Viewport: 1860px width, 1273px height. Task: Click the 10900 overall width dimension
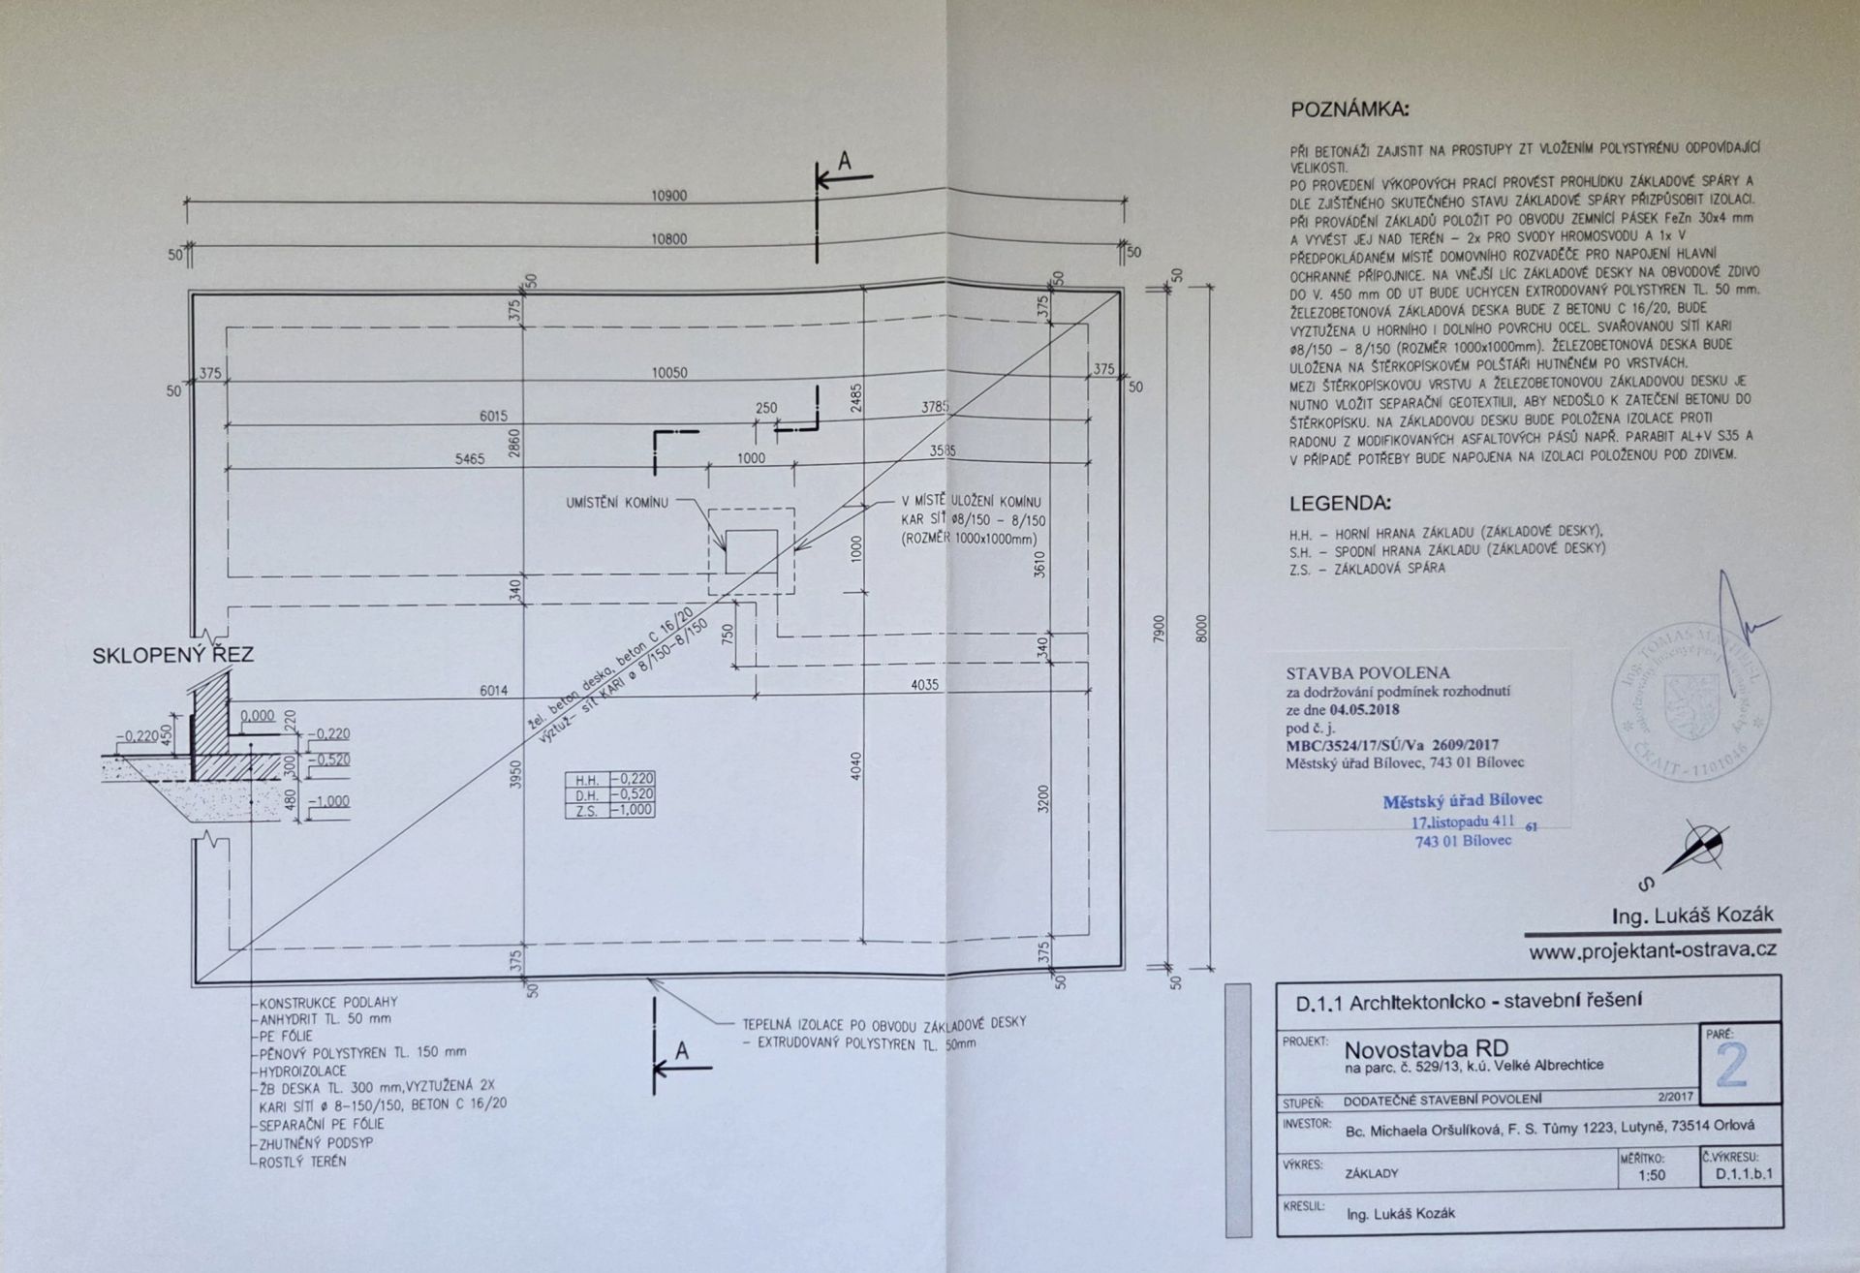tap(668, 196)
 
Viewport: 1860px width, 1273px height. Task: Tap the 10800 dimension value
tap(668, 239)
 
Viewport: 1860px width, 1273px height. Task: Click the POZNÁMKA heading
tap(1349, 110)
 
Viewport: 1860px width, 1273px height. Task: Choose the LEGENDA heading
tap(1340, 504)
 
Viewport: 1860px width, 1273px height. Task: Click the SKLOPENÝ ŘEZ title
tap(172, 656)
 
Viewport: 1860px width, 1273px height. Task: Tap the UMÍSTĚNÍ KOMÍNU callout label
tap(617, 503)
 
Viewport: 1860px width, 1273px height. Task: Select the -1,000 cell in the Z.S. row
tap(632, 810)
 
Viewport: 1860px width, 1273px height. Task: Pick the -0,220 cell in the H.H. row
tap(632, 779)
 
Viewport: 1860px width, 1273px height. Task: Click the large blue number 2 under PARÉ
tap(1731, 1067)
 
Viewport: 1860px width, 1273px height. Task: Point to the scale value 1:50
tap(1652, 1175)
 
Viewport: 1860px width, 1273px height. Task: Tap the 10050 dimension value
tap(668, 373)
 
